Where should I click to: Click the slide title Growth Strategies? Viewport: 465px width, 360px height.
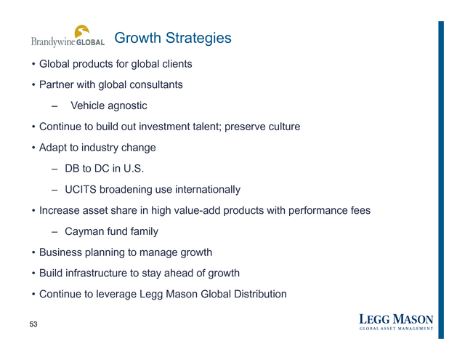[x=173, y=39]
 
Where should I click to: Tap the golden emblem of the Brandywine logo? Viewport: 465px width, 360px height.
[x=82, y=31]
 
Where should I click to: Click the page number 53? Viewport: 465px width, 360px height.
[x=33, y=324]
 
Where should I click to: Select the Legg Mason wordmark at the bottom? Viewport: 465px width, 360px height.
[x=396, y=319]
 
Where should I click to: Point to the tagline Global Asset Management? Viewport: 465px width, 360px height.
[x=396, y=329]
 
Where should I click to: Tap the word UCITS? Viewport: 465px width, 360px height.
[x=81, y=190]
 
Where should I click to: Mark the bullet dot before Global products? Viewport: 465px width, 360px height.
[x=33, y=64]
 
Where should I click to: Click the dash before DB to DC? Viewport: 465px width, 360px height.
[x=54, y=169]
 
